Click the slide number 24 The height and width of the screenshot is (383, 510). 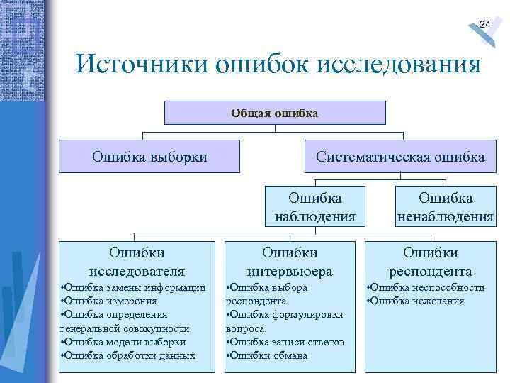click(484, 25)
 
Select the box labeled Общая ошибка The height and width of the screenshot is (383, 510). click(275, 113)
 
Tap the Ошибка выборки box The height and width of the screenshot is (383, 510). click(149, 156)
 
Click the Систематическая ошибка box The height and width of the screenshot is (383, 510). click(400, 156)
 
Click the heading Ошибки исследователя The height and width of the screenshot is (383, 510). click(137, 262)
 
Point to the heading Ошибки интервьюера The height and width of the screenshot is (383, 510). click(290, 262)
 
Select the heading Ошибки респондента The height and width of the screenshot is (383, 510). click(430, 262)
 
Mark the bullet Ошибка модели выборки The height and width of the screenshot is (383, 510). click(123, 342)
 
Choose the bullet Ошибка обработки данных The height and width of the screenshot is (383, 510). click(128, 355)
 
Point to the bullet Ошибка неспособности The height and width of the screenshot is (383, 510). click(426, 287)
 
